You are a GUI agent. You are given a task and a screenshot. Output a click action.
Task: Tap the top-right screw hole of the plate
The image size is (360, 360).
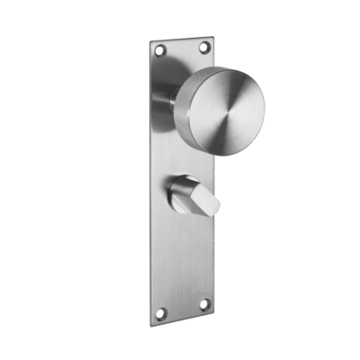tap(203, 45)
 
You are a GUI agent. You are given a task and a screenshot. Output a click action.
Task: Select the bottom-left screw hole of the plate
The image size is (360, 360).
tap(161, 312)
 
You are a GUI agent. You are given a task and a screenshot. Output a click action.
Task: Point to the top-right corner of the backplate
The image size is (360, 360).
tap(212, 33)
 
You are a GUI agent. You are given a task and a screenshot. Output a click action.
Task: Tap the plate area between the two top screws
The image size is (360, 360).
tap(182, 49)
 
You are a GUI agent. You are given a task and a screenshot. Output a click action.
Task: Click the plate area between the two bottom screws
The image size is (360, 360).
tap(183, 309)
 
